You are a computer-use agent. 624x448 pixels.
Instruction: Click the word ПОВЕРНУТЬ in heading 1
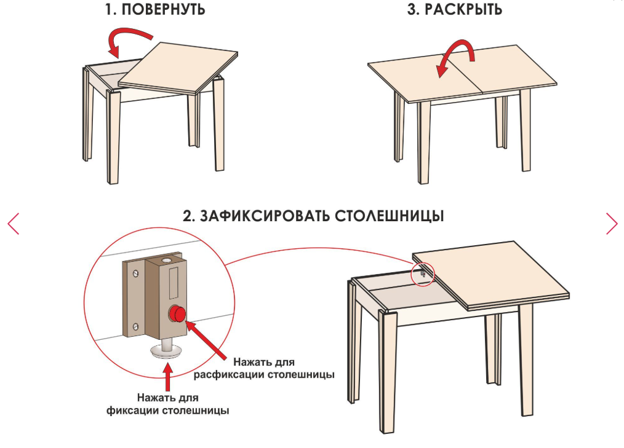pyautogui.click(x=163, y=9)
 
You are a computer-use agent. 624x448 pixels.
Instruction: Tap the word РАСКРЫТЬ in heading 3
pyautogui.click(x=463, y=9)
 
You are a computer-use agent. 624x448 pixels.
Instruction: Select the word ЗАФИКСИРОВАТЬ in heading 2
pyautogui.click(x=265, y=216)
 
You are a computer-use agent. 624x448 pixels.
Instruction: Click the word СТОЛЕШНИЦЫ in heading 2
pyautogui.click(x=390, y=216)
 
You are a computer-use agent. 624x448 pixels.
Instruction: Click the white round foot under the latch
pyautogui.click(x=167, y=351)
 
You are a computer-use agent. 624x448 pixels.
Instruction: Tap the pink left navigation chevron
pyautogui.click(x=13, y=224)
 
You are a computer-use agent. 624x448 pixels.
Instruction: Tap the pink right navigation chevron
pyautogui.click(x=612, y=224)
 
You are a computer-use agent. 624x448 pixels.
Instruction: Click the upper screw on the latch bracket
pyautogui.click(x=137, y=273)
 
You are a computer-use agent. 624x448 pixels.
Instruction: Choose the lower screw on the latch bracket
pyautogui.click(x=137, y=327)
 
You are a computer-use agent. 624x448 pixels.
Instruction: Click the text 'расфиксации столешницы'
pyautogui.click(x=264, y=374)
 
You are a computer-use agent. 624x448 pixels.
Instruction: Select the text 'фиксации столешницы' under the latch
pyautogui.click(x=167, y=411)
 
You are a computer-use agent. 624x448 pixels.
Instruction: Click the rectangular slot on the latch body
pyautogui.click(x=174, y=283)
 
